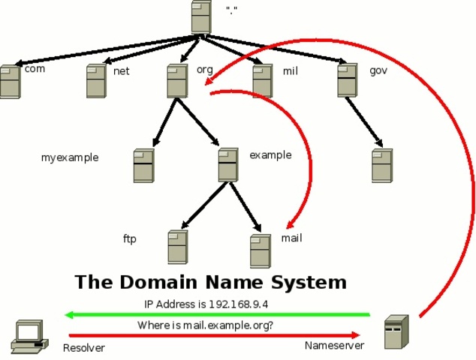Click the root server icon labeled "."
[x=200, y=16]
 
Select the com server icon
[x=10, y=82]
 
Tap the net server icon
[x=95, y=81]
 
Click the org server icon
[x=177, y=81]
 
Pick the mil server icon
[x=262, y=81]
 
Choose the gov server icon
[x=347, y=80]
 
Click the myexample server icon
[x=143, y=166]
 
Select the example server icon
[x=228, y=165]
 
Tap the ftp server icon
[x=177, y=247]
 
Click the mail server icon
[x=260, y=251]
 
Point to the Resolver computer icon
[x=29, y=337]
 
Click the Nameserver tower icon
[x=396, y=332]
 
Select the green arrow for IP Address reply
[x=218, y=315]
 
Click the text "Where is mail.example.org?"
[x=205, y=325]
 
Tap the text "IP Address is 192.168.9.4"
[x=206, y=304]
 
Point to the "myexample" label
[x=70, y=157]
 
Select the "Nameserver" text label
[x=334, y=346]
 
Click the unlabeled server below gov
[x=381, y=166]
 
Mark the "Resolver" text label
[x=84, y=348]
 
